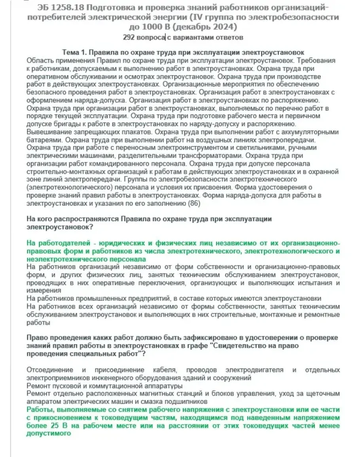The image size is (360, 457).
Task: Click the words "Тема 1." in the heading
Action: (74, 53)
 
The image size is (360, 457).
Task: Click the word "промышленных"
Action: (89, 298)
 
